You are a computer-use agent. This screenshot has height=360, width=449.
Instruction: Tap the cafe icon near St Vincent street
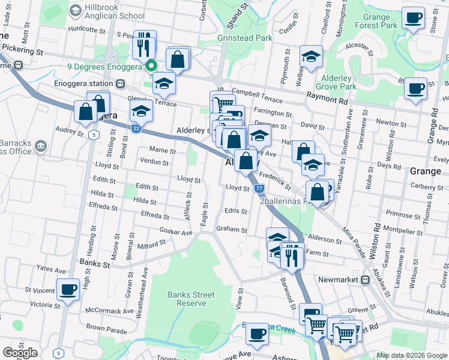pyautogui.click(x=68, y=290)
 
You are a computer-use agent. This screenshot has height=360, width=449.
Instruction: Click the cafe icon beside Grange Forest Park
pyautogui.click(x=412, y=18)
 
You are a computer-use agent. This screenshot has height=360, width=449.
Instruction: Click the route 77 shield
pyautogui.click(x=259, y=188)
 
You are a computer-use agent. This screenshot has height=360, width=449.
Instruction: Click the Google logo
pyautogui.click(x=20, y=353)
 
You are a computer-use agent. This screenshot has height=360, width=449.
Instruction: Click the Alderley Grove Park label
pyautogui.click(x=340, y=82)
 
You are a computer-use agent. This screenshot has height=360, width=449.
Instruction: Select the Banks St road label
pyautogui.click(x=94, y=263)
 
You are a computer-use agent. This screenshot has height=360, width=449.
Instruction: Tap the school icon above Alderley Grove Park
pyautogui.click(x=311, y=57)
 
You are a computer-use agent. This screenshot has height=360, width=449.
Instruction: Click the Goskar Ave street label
pyautogui.click(x=176, y=231)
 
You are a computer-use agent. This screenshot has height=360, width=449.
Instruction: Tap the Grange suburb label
pyautogui.click(x=425, y=171)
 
